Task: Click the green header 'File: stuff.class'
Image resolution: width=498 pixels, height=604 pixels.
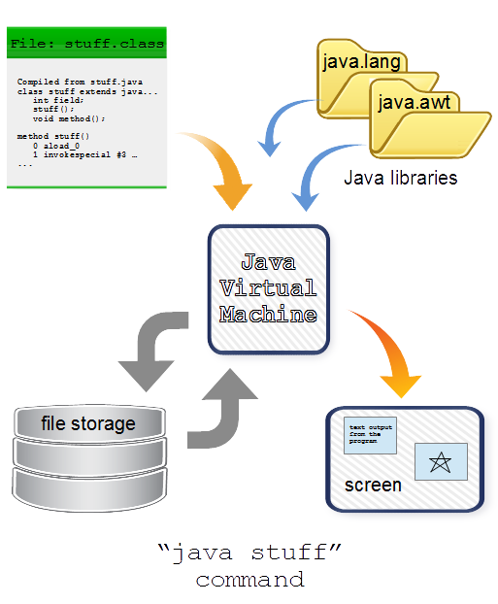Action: point(85,44)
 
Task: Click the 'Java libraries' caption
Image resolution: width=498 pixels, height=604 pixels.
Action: point(400,179)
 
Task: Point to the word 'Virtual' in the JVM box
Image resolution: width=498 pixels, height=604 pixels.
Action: point(267,288)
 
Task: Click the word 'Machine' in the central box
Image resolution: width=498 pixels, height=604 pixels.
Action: point(267,315)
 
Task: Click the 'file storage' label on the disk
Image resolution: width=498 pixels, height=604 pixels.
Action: point(87,423)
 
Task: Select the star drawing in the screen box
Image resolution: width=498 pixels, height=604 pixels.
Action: point(441,461)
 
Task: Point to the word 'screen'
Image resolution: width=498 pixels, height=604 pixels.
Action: point(373,484)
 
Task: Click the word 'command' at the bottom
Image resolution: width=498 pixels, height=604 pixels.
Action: point(249,581)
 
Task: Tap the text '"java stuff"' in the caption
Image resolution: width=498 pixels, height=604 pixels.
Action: point(249,555)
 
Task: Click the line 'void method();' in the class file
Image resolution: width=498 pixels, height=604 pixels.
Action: point(69,118)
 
